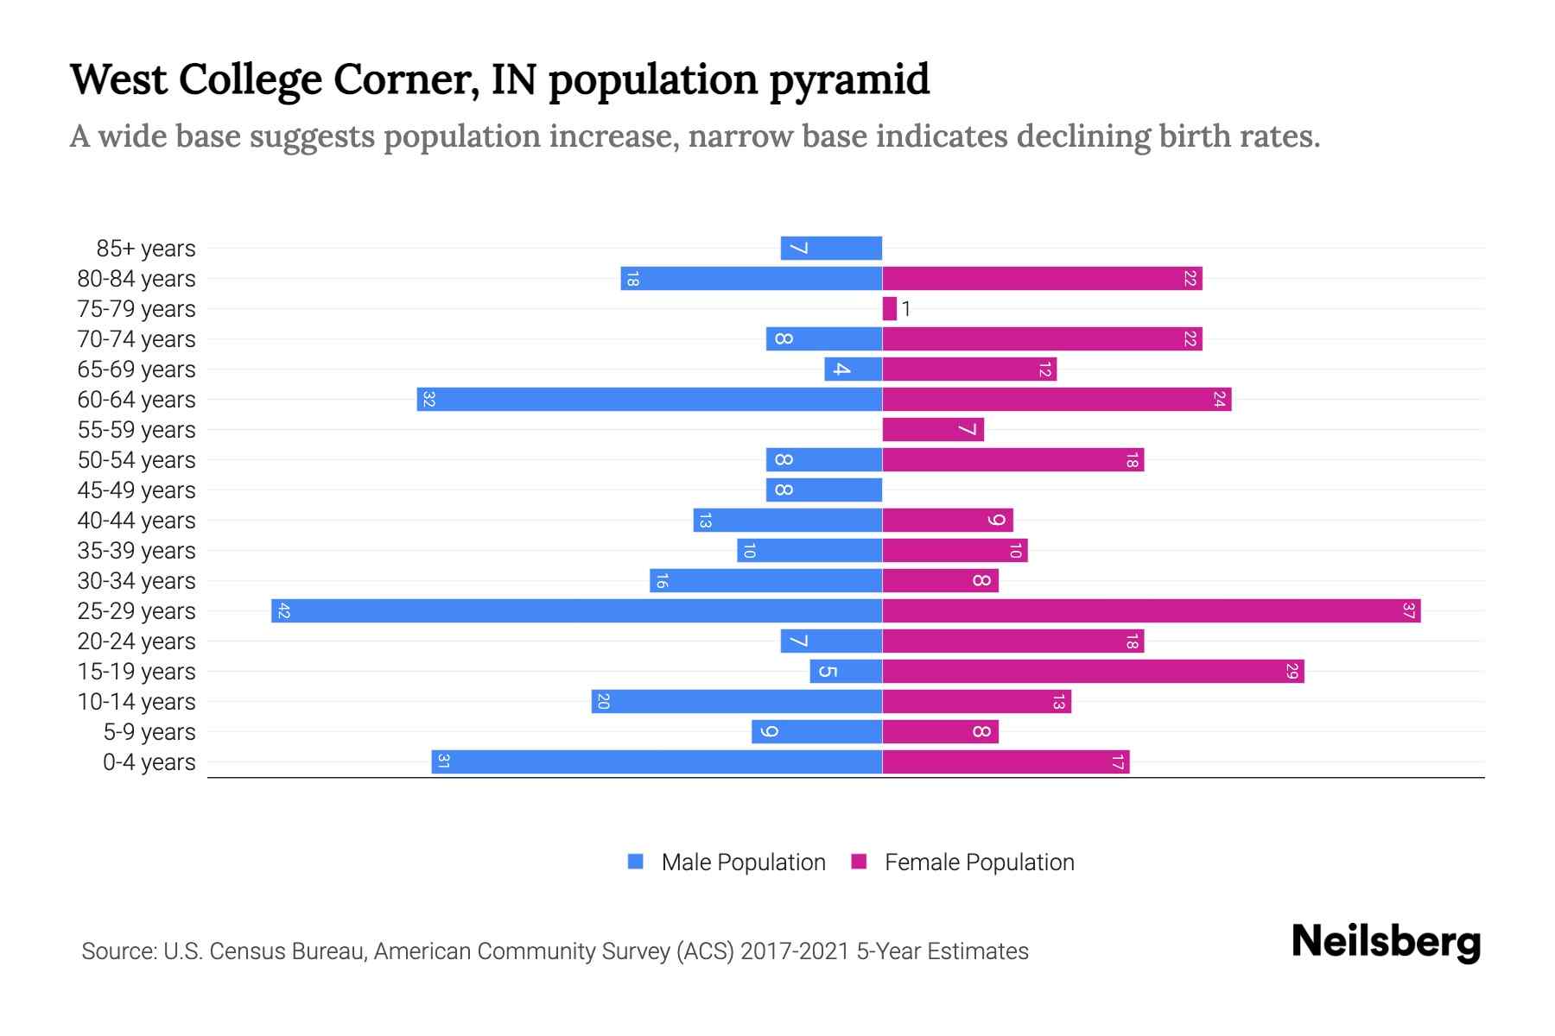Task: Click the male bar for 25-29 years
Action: (576, 611)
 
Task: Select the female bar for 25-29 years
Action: (1151, 611)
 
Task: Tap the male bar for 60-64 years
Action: (650, 400)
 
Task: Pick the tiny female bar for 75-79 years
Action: (889, 309)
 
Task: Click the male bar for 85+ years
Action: (831, 249)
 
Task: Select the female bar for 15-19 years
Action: (1093, 672)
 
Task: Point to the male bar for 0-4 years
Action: (657, 762)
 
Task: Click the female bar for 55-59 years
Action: (933, 430)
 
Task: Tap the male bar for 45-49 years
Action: (824, 490)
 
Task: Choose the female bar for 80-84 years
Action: (1042, 279)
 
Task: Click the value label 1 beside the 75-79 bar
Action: (906, 309)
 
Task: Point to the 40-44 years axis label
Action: (136, 521)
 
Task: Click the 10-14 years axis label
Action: (136, 702)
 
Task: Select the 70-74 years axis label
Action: (136, 339)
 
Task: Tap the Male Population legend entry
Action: (743, 862)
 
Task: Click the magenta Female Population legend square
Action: (859, 862)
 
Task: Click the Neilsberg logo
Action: (1386, 942)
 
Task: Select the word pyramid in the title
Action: (848, 80)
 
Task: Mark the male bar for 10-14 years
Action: (736, 702)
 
